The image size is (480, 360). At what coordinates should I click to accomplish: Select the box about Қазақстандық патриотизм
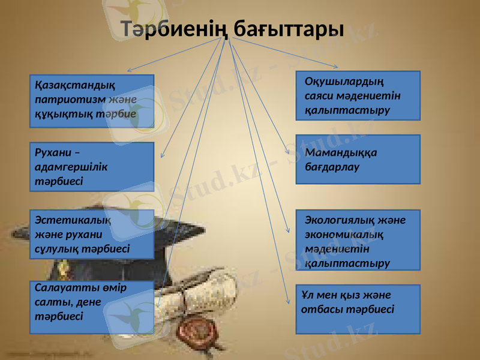92,101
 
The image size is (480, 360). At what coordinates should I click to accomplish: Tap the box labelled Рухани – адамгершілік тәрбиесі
92,167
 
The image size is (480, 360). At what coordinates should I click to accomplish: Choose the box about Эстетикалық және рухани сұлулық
92,234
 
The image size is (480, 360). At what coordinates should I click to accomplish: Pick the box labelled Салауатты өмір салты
92,307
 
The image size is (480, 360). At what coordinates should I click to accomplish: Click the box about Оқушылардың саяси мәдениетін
358,95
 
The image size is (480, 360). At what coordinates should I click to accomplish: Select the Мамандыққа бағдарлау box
358,160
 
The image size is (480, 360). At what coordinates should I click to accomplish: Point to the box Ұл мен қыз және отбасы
358,309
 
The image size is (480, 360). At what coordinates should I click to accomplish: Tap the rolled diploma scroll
216,288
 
